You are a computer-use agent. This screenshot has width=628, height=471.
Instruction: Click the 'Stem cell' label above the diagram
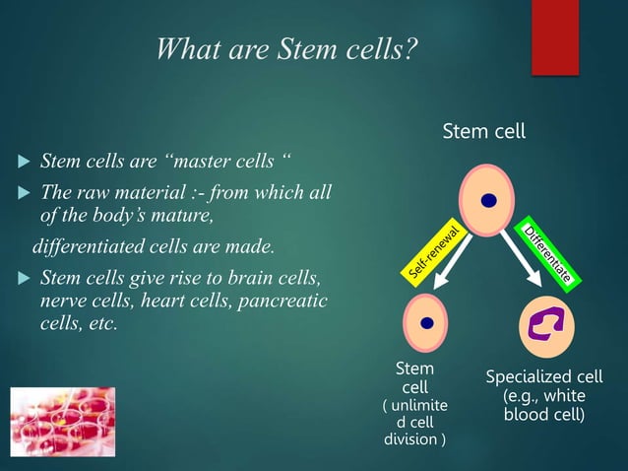pos(483,131)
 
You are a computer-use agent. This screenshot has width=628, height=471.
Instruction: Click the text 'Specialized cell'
pos(544,378)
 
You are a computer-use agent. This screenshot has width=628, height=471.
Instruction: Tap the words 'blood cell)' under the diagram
pos(544,415)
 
